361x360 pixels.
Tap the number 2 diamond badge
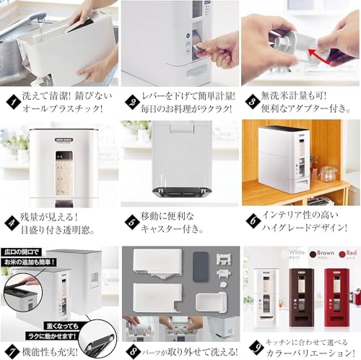point(131,94)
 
